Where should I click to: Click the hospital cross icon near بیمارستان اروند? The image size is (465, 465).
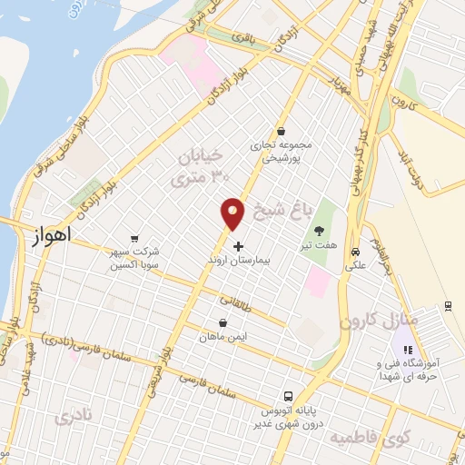(238, 246)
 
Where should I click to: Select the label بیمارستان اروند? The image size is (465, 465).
(239, 259)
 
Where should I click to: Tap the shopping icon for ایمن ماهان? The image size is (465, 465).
(223, 322)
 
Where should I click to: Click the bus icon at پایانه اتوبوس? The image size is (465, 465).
(287, 397)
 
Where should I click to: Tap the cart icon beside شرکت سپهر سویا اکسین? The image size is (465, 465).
(134, 240)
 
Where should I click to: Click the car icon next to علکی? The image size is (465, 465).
(356, 253)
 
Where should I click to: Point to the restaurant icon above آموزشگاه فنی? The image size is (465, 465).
(408, 350)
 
